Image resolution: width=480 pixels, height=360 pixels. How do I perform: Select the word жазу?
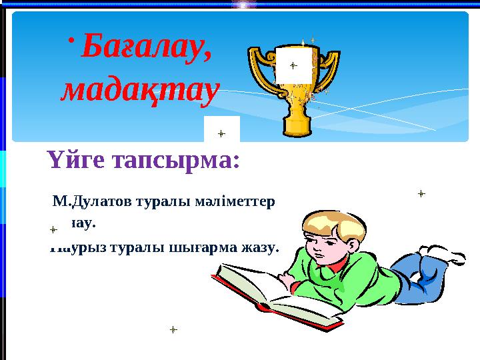pyautogui.click(x=259, y=247)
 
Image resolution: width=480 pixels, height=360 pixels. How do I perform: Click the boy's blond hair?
pyautogui.click(x=333, y=223)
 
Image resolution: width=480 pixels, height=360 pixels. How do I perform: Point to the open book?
pyautogui.click(x=267, y=293)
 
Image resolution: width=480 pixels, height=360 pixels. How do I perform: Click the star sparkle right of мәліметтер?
pyautogui.click(x=421, y=194)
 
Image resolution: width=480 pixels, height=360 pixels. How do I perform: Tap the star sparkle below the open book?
pyautogui.click(x=173, y=329)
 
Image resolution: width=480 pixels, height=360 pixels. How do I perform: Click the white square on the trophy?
pyautogui.click(x=293, y=65)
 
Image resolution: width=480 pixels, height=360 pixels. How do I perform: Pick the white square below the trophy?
pyautogui.click(x=221, y=131)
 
